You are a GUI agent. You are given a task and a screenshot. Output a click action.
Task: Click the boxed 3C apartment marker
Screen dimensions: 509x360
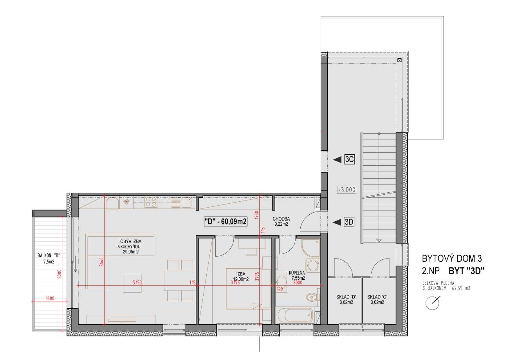pos(350,159)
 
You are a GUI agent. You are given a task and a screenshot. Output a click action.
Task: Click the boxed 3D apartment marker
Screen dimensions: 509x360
pos(349,222)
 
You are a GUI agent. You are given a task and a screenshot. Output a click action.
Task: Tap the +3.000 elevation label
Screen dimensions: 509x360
pos(346,190)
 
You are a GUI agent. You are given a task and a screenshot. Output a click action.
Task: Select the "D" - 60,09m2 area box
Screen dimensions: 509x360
pos(226,222)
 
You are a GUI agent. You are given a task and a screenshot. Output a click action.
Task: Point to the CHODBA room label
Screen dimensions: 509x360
pos(281,219)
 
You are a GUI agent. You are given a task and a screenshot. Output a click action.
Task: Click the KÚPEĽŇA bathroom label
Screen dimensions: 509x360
pos(297,273)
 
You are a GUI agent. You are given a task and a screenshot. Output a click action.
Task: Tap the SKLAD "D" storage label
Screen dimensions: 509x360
pos(346,297)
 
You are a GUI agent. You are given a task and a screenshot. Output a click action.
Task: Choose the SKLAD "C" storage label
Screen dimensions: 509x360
pos(377,297)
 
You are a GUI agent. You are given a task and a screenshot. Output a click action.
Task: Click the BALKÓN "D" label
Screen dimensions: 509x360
pos(49,256)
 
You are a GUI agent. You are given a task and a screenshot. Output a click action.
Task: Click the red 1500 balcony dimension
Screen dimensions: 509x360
pos(50,298)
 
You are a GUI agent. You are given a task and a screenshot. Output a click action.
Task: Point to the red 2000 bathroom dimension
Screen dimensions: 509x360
pos(298,282)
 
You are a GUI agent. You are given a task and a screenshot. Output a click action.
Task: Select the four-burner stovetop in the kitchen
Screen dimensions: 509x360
pos(151,202)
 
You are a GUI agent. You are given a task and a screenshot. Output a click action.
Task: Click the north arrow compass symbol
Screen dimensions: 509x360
pos(432,303)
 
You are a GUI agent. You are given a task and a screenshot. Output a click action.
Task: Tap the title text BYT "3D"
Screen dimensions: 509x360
pos(466,271)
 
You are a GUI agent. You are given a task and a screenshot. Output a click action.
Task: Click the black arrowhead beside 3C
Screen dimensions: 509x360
pos(337,159)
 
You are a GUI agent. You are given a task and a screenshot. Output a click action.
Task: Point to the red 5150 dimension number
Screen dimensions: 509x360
pos(137,282)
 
